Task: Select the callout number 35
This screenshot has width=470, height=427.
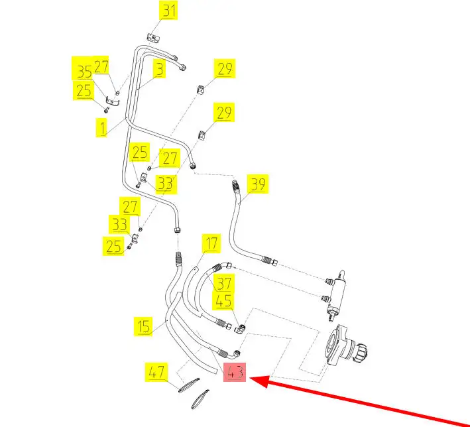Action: (x=82, y=71)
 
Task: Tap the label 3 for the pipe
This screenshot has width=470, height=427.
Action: (x=159, y=68)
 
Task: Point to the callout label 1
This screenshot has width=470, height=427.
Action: (x=102, y=126)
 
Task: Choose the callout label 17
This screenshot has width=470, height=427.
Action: (x=210, y=243)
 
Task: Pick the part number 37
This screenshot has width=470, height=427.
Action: (x=224, y=282)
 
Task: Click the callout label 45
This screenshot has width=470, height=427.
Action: (x=224, y=300)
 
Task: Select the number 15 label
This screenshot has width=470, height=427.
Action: (x=144, y=326)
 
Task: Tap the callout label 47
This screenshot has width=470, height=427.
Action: (x=156, y=373)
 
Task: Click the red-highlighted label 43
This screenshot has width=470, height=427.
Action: (x=235, y=373)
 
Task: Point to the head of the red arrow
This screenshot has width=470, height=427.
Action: (x=253, y=380)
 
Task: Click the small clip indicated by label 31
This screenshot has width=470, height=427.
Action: (x=152, y=38)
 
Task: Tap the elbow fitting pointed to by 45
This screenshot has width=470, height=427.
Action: (x=243, y=328)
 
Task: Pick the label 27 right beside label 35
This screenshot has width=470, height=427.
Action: (x=101, y=66)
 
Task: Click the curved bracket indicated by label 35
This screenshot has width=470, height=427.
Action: (x=113, y=100)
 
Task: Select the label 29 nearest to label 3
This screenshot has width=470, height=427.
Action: (x=223, y=68)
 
